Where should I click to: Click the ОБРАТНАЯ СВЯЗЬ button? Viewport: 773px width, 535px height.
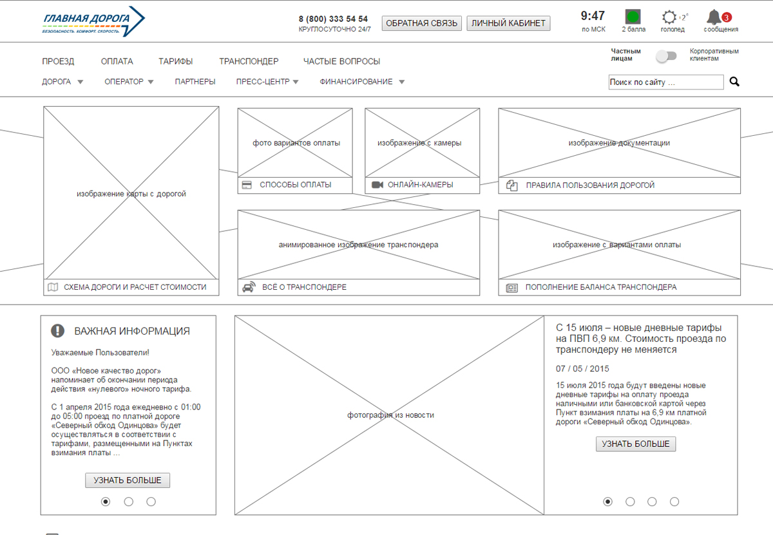pyautogui.click(x=421, y=23)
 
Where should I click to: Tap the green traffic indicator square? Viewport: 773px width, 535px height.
pyautogui.click(x=633, y=16)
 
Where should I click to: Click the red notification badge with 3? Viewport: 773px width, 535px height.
pyautogui.click(x=727, y=17)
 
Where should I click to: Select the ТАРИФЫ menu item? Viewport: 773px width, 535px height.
pyautogui.click(x=176, y=61)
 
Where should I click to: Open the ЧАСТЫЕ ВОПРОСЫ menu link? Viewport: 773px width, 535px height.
pyautogui.click(x=341, y=61)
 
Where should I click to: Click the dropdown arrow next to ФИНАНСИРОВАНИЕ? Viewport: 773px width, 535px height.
pyautogui.click(x=402, y=82)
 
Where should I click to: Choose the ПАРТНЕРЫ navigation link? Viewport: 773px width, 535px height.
pyautogui.click(x=195, y=82)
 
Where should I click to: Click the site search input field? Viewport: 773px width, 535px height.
pyautogui.click(x=666, y=82)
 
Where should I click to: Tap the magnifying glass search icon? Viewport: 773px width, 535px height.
pyautogui.click(x=734, y=82)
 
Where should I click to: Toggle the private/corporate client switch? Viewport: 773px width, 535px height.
pyautogui.click(x=666, y=56)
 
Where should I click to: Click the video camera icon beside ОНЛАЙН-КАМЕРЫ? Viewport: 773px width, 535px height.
pyautogui.click(x=377, y=185)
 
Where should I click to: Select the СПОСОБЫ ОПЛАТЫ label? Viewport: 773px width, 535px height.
pyautogui.click(x=296, y=185)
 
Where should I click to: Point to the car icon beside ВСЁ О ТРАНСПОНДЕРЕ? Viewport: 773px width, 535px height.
pyautogui.click(x=249, y=287)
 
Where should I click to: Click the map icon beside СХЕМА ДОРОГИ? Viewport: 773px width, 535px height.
pyautogui.click(x=53, y=287)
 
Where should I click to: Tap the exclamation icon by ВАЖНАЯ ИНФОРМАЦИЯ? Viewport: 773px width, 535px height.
pyautogui.click(x=57, y=331)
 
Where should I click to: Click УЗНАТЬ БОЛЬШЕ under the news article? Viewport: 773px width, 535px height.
pyautogui.click(x=636, y=444)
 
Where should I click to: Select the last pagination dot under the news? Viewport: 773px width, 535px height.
pyautogui.click(x=674, y=502)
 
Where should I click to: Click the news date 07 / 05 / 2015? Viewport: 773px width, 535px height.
pyautogui.click(x=582, y=369)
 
